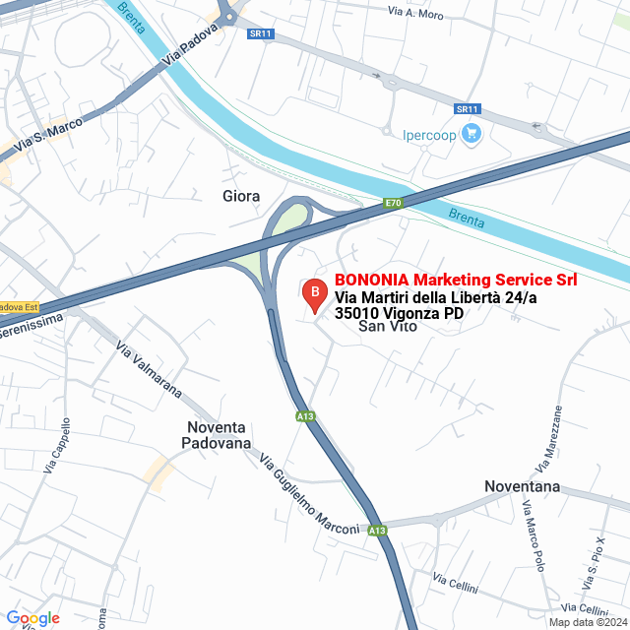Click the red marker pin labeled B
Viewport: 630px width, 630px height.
pos(314,293)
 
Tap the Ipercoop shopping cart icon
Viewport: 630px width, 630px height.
pos(472,134)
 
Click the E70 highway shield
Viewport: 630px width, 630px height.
pos(393,204)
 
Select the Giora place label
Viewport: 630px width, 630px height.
pos(241,196)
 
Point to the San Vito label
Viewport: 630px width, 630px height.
pos(383,326)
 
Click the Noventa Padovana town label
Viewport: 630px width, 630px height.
pos(216,436)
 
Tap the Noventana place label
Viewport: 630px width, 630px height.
pos(522,486)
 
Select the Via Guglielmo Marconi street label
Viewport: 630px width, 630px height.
pos(310,495)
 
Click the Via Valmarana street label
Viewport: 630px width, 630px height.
pos(150,369)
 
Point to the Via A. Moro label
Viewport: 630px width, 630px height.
pos(416,15)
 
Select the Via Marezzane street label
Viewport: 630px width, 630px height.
pos(548,437)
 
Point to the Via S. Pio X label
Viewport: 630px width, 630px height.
pos(589,558)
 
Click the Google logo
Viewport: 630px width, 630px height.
pos(33,618)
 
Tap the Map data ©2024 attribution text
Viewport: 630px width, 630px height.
pos(588,622)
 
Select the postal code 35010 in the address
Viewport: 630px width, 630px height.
pos(359,313)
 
